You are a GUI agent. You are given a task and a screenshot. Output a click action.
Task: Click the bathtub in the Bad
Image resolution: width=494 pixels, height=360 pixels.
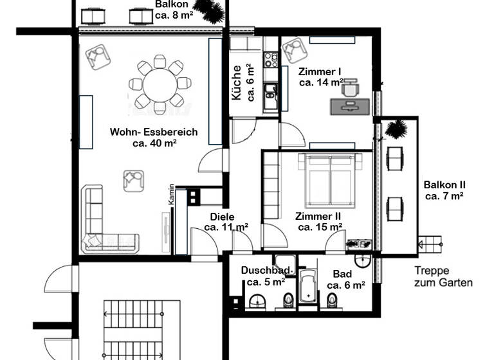308,287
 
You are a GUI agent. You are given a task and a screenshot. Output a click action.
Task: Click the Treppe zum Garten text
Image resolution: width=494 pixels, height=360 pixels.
443,276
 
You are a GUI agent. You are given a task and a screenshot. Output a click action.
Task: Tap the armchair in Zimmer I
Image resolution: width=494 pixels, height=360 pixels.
293,50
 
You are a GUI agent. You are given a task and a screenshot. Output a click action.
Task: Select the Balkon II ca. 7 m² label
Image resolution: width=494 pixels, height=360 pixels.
444,190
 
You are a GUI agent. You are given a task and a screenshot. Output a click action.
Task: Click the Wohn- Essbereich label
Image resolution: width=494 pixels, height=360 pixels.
154,138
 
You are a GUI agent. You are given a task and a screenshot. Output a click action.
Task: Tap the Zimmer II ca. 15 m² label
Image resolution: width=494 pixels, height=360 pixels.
319,222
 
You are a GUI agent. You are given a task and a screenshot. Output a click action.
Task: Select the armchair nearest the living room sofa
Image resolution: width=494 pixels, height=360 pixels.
134,180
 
